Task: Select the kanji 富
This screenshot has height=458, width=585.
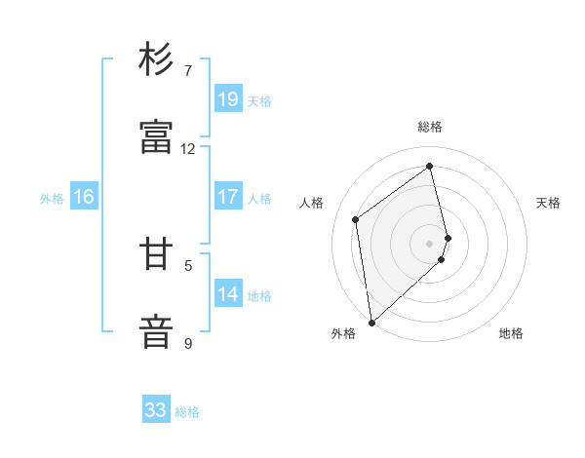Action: click(x=157, y=137)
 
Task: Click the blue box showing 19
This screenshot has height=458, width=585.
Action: click(x=228, y=99)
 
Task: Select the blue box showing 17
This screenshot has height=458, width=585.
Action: click(x=228, y=197)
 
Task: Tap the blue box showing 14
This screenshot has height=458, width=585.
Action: click(x=228, y=294)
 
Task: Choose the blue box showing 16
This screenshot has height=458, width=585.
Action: click(x=84, y=197)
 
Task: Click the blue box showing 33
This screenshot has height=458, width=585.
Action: click(x=156, y=410)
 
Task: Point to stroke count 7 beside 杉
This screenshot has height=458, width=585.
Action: click(x=188, y=71)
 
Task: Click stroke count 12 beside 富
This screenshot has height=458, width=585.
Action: click(x=188, y=149)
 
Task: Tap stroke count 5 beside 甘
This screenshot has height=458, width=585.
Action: click(x=188, y=265)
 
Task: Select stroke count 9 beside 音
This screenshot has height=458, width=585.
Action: click(x=188, y=343)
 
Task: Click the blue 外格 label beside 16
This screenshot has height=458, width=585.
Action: click(x=52, y=199)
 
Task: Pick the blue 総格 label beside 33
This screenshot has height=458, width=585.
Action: click(x=187, y=412)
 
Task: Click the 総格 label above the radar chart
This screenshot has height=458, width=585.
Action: click(x=430, y=127)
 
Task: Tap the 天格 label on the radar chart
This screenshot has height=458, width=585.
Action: click(x=549, y=203)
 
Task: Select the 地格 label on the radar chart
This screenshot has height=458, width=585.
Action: click(x=511, y=333)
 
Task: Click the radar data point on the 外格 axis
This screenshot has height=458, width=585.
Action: click(x=370, y=322)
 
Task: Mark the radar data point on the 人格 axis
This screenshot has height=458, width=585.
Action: click(x=356, y=219)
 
